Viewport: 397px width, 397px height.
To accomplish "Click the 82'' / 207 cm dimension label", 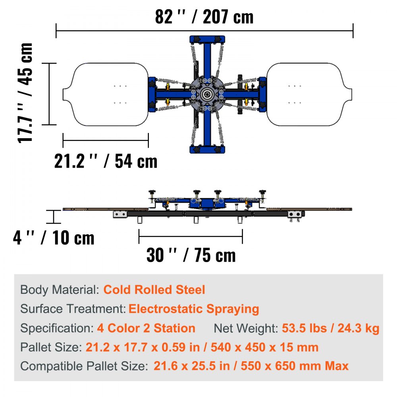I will pyautogui.click(x=204, y=17).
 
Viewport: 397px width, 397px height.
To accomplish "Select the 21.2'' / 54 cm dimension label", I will pyautogui.click(x=106, y=161).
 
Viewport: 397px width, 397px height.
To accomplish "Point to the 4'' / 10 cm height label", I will pyautogui.click(x=54, y=238).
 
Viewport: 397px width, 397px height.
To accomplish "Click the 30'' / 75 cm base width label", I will pyautogui.click(x=191, y=255).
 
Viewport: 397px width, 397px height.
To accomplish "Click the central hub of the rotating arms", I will pyautogui.click(x=207, y=94).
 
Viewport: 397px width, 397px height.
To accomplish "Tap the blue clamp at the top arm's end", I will pyautogui.click(x=207, y=40).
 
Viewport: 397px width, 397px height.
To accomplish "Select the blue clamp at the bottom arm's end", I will pyautogui.click(x=207, y=150).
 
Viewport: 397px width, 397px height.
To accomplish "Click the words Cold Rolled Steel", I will pyautogui.click(x=154, y=289).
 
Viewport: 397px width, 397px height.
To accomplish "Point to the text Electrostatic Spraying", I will pyautogui.click(x=194, y=308).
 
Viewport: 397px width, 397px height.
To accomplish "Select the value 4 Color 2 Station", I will pyautogui.click(x=146, y=328).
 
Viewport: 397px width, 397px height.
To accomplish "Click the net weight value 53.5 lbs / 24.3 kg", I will pyautogui.click(x=330, y=328).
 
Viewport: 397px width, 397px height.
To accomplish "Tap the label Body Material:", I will pyautogui.click(x=60, y=289).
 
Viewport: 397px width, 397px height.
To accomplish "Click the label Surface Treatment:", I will pyautogui.click(x=73, y=308).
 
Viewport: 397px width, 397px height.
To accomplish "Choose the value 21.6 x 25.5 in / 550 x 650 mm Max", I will pyautogui.click(x=251, y=366).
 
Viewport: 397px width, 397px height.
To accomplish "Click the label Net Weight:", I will pyautogui.click(x=246, y=328).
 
